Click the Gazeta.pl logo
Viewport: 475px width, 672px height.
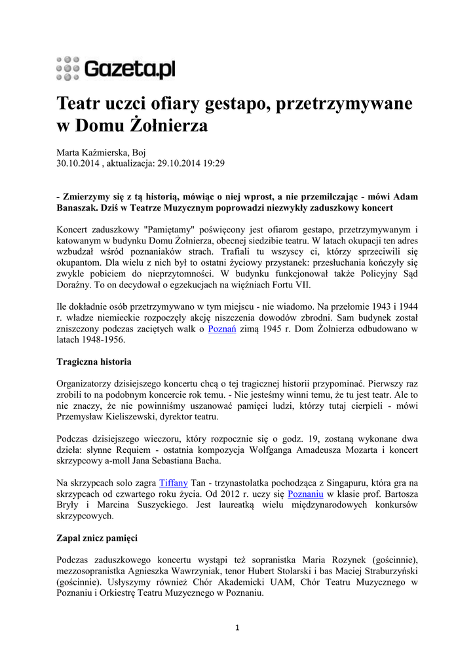pyautogui.click(x=116, y=68)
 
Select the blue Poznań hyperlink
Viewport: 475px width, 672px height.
pyautogui.click(x=220, y=329)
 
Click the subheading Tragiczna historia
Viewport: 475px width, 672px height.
pyautogui.click(x=94, y=362)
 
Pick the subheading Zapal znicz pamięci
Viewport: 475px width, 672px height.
pyautogui.click(x=97, y=538)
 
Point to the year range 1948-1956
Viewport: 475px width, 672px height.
pyautogui.click(x=102, y=340)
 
